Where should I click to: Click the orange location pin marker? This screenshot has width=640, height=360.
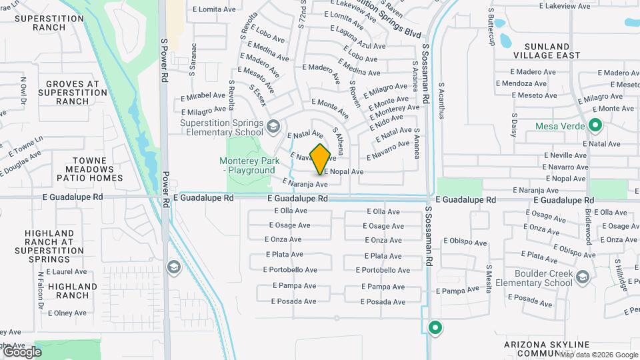[321, 158]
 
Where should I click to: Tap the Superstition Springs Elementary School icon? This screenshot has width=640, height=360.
[273, 126]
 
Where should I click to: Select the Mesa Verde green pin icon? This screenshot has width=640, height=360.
[595, 125]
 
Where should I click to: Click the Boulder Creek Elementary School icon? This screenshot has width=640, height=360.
[583, 277]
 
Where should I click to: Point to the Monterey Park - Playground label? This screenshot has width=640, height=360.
[247, 165]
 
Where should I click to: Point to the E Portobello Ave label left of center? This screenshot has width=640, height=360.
[290, 270]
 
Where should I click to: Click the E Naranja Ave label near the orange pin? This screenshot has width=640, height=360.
[305, 183]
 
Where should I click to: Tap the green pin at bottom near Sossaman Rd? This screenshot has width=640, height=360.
[435, 327]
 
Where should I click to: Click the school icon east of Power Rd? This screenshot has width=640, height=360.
[174, 267]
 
